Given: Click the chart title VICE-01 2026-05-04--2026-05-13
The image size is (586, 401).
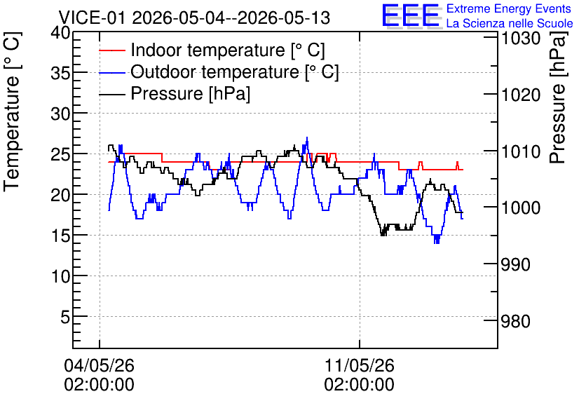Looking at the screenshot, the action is point(194,18).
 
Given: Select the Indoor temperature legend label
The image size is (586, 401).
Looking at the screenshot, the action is point(228,50).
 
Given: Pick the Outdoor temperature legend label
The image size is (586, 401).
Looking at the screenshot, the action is point(234,72).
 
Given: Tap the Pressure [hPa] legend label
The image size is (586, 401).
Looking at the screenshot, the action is point(190,93).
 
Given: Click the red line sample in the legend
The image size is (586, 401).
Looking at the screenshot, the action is point(111,50).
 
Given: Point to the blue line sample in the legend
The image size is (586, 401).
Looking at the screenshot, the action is point(111,72).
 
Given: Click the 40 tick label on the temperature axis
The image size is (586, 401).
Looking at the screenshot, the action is point(60,32).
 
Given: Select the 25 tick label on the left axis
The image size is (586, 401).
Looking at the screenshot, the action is point(60,154).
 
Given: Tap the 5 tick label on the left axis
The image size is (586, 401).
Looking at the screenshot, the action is point(65,317).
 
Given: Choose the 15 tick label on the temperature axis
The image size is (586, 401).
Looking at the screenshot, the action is point(60,236).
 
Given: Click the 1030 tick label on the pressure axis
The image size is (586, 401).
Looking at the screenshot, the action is point(521,39).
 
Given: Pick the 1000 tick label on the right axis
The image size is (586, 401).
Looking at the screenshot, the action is point(521,208).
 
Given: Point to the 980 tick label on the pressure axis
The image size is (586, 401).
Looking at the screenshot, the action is point(515,321).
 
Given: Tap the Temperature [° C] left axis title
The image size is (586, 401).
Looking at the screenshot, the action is point(12,112).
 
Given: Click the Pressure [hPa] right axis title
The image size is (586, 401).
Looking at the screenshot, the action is point(558,97).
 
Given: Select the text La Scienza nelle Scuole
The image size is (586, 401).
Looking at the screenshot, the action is point(510,24).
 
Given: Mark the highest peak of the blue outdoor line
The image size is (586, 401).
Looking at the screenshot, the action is point(307,137).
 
